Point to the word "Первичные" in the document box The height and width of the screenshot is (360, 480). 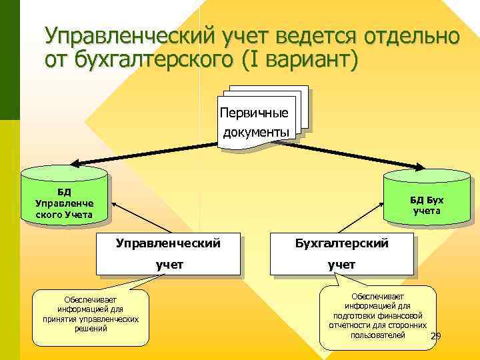[x=259, y=111]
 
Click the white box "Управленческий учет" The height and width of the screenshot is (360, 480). [x=168, y=255]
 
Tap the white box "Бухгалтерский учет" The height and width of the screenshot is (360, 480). [x=341, y=255]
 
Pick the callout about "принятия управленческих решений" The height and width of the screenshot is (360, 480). [x=89, y=317]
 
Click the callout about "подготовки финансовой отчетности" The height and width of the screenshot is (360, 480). [x=377, y=316]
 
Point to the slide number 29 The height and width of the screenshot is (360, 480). [x=436, y=336]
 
